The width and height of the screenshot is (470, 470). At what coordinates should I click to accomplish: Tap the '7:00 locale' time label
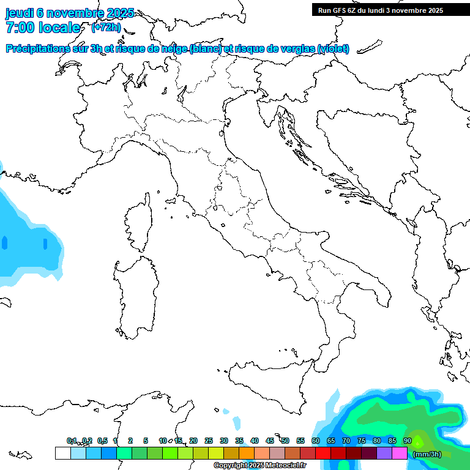(43, 28)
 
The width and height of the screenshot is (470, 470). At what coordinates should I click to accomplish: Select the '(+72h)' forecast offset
(106, 28)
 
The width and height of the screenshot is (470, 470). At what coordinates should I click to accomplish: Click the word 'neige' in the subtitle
(173, 48)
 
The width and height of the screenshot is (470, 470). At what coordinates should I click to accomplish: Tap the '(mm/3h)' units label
(427, 454)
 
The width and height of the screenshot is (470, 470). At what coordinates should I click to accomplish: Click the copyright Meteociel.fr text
(259, 465)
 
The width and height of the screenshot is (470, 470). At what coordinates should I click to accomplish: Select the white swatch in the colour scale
(62, 453)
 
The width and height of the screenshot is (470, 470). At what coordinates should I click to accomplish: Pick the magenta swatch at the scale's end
(400, 453)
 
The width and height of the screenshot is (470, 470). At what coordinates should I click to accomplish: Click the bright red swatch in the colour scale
(323, 453)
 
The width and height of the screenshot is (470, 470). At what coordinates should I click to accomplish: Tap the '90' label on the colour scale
(408, 441)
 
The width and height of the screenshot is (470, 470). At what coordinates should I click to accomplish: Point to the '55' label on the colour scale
(300, 441)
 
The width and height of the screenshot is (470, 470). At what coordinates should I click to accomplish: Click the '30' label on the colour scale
(224, 441)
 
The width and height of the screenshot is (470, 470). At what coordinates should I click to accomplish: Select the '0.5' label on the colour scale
(102, 441)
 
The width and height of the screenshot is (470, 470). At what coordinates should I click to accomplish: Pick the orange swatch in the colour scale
(247, 453)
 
